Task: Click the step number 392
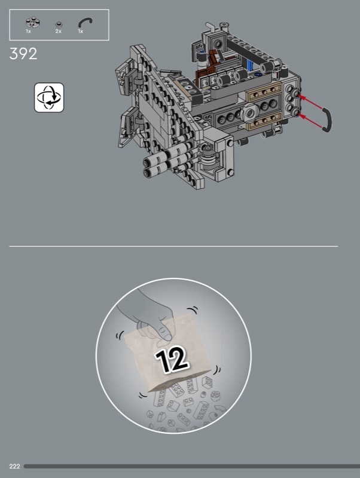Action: point(23,54)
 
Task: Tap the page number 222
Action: point(14,467)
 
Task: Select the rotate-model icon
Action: point(49,97)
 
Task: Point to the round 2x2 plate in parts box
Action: point(33,22)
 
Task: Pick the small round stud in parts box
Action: point(59,24)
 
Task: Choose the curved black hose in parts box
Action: point(85,22)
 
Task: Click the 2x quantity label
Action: point(58,32)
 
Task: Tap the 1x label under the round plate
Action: point(28,32)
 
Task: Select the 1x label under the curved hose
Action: point(81,32)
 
